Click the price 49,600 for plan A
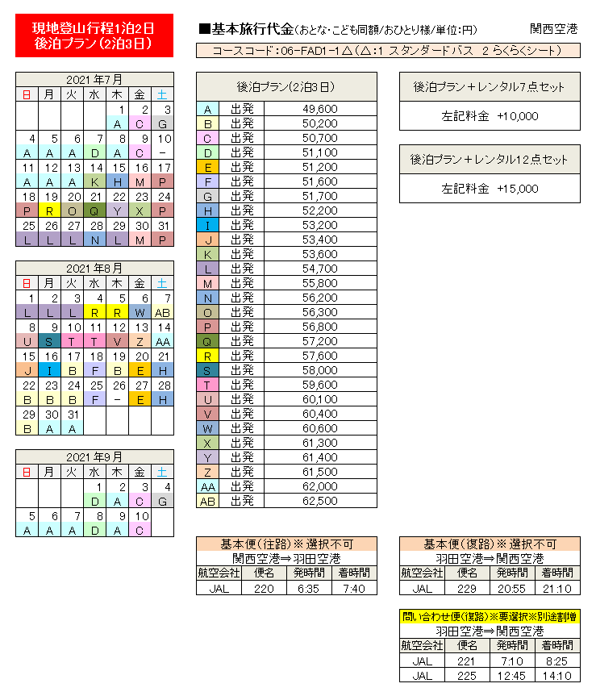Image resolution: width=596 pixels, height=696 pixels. [319, 109]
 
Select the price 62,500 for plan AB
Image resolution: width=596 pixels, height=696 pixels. [319, 501]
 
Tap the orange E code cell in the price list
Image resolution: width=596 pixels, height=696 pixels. [207, 167]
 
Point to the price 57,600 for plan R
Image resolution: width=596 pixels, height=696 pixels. [319, 356]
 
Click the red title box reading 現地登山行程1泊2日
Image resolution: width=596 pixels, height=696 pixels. [94, 36]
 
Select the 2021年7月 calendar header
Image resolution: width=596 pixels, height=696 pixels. [94, 79]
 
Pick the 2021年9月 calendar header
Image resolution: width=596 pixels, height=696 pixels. [94, 456]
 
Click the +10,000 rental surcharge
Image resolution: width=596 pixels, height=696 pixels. [490, 116]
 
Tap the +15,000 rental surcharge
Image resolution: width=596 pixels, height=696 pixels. [490, 189]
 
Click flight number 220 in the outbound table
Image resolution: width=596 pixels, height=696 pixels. [265, 589]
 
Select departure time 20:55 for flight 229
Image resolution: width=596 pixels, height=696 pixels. [512, 589]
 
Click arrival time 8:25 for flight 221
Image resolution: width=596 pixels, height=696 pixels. [557, 661]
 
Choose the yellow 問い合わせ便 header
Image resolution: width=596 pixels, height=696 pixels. [490, 617]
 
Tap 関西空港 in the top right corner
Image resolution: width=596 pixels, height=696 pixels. [553, 29]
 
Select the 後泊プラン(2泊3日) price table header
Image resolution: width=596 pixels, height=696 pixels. [286, 86]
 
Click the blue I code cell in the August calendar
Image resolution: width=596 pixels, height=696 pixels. [50, 369]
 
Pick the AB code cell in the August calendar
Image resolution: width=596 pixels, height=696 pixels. [162, 311]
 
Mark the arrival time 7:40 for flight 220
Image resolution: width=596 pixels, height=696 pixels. [354, 589]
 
